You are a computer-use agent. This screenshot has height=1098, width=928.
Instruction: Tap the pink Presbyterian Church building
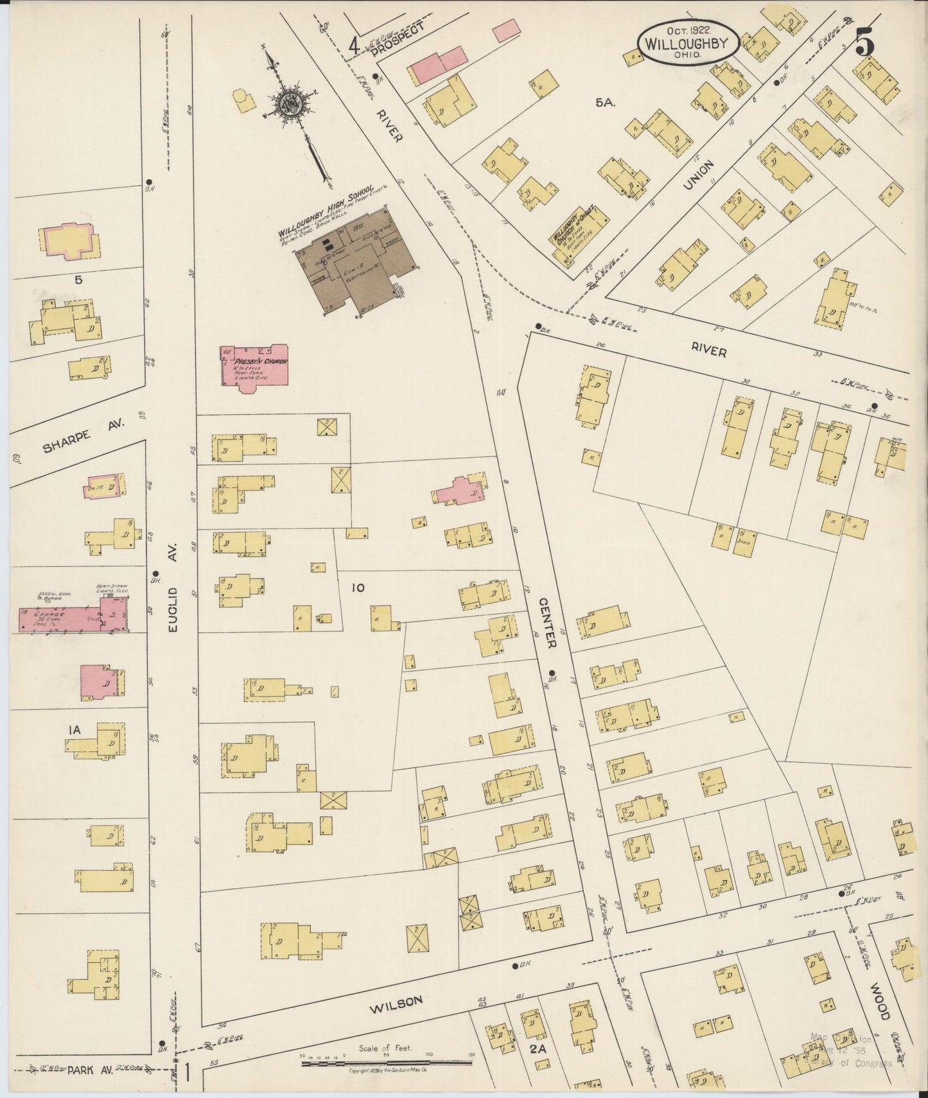pyautogui.click(x=254, y=366)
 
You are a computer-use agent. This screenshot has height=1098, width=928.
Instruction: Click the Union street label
pyautogui.click(x=699, y=175)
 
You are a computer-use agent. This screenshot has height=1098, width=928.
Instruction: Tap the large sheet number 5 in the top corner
pyautogui.click(x=865, y=44)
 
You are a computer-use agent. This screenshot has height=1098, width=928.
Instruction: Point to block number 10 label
pyautogui.click(x=358, y=587)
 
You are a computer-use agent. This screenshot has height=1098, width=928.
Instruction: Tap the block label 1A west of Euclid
pyautogui.click(x=73, y=729)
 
